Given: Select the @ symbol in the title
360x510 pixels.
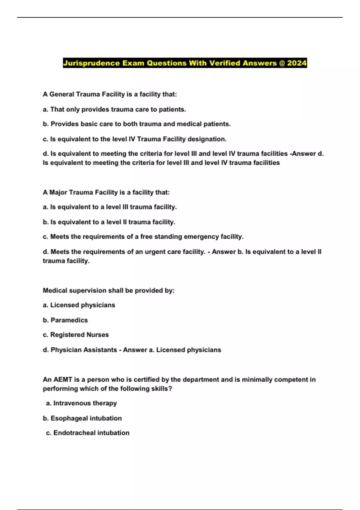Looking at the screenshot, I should pyautogui.click(x=282, y=63).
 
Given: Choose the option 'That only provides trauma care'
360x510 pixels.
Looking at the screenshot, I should pyautogui.click(x=114, y=109).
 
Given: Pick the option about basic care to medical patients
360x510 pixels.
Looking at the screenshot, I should pyautogui.click(x=137, y=124).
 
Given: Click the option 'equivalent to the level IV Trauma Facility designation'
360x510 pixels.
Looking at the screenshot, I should pyautogui.click(x=135, y=139).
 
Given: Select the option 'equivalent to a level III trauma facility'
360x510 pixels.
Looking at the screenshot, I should pyautogui.click(x=110, y=207).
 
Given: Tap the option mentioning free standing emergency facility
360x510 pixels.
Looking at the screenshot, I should pyautogui.click(x=143, y=237).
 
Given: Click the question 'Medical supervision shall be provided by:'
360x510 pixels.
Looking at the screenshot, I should pyautogui.click(x=109, y=290).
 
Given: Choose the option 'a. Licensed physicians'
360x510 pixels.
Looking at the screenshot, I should pyautogui.click(x=79, y=305).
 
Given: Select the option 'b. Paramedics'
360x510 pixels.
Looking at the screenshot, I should pyautogui.click(x=65, y=320).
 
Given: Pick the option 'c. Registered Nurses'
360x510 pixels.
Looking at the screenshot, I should pyautogui.click(x=76, y=335).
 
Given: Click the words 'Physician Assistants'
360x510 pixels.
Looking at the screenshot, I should pyautogui.click(x=84, y=350).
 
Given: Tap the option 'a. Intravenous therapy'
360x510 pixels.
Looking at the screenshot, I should pyautogui.click(x=81, y=403).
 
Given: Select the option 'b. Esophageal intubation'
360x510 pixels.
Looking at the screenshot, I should pyautogui.click(x=82, y=418).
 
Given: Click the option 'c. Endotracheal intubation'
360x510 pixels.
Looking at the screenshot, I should pyautogui.click(x=88, y=433).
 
